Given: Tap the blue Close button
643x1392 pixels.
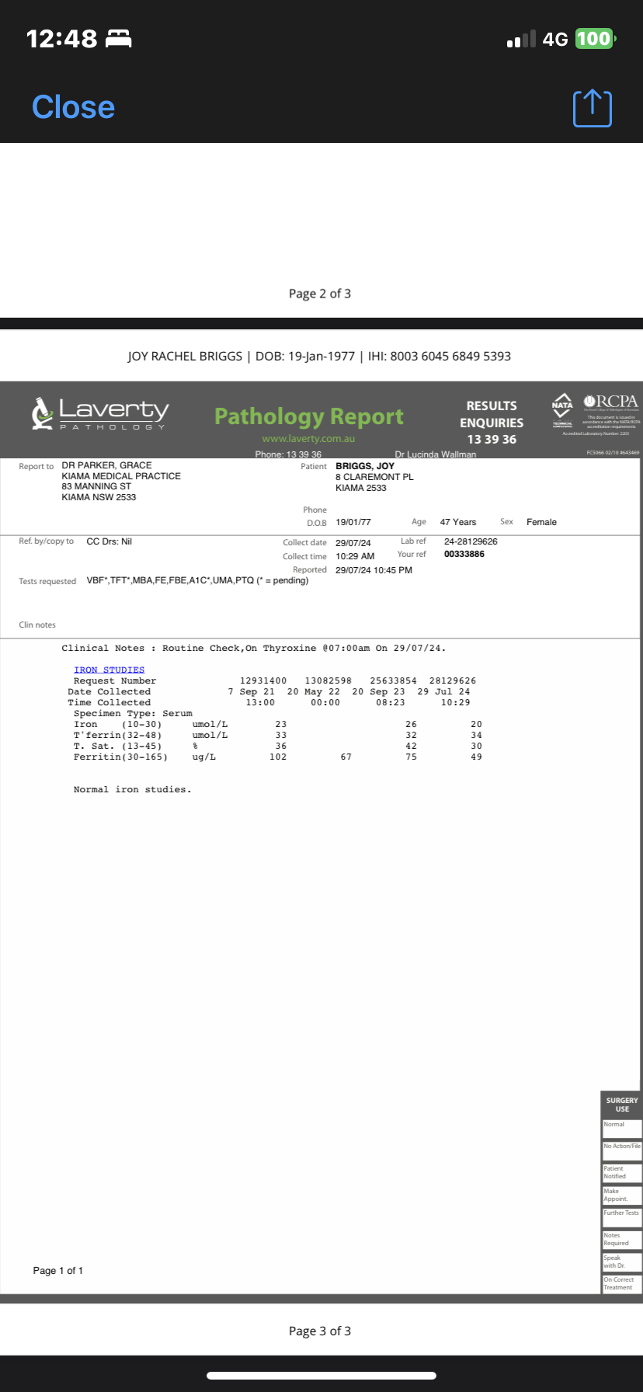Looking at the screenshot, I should [73, 107].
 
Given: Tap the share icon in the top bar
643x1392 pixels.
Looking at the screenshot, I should [592, 108].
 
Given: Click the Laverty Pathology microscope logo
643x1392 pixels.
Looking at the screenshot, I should [42, 412].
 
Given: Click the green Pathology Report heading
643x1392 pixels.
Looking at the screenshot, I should [308, 417].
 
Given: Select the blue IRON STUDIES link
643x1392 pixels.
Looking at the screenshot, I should [109, 670].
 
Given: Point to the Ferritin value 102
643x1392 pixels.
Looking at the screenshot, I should [278, 757].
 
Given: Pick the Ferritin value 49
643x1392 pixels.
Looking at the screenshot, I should [476, 757].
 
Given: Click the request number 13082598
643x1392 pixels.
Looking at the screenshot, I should [328, 680].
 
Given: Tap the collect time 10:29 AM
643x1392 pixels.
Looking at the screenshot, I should [355, 556].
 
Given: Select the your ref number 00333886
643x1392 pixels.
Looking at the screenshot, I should [464, 554].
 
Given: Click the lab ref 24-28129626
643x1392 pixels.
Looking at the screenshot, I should [471, 541].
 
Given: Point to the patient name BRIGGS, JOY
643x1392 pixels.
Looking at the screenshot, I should [365, 466].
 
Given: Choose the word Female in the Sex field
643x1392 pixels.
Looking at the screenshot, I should [541, 522].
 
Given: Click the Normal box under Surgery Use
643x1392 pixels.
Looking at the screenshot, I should [622, 1129].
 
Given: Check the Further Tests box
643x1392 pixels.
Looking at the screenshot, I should [622, 1217].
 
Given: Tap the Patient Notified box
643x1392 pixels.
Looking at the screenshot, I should [622, 1173].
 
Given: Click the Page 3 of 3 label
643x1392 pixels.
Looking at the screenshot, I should [320, 1331].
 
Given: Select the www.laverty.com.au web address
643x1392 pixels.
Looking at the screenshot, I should [308, 439].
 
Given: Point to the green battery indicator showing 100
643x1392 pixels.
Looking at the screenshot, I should [594, 39].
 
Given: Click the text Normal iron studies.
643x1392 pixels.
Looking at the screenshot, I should [132, 789].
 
